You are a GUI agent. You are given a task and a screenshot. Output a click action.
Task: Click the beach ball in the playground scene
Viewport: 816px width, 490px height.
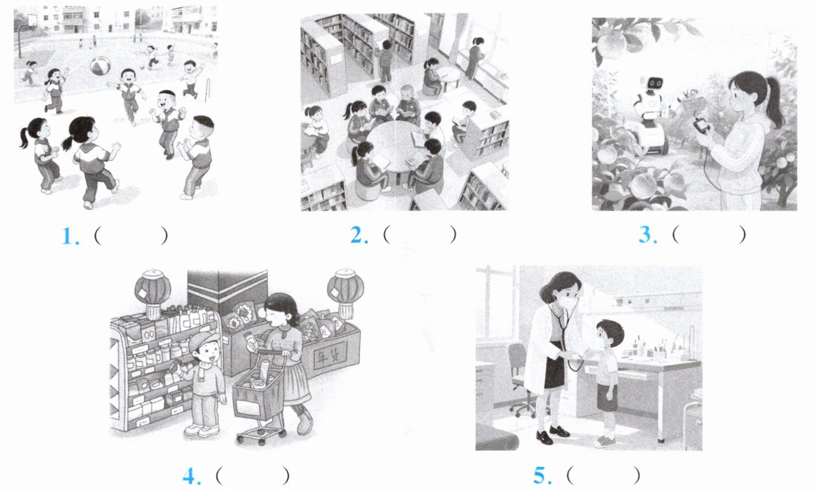[x=100, y=66]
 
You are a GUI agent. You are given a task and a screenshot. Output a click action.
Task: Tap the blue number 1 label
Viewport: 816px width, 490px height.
[x=70, y=236]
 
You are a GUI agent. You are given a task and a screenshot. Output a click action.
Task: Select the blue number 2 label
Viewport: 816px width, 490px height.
[x=359, y=235]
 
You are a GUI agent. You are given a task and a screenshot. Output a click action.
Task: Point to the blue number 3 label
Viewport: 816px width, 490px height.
[x=648, y=235]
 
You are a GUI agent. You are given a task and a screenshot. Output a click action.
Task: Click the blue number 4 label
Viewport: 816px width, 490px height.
[x=191, y=476]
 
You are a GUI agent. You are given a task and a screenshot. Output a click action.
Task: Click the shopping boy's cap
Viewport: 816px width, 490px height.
[x=206, y=341]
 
